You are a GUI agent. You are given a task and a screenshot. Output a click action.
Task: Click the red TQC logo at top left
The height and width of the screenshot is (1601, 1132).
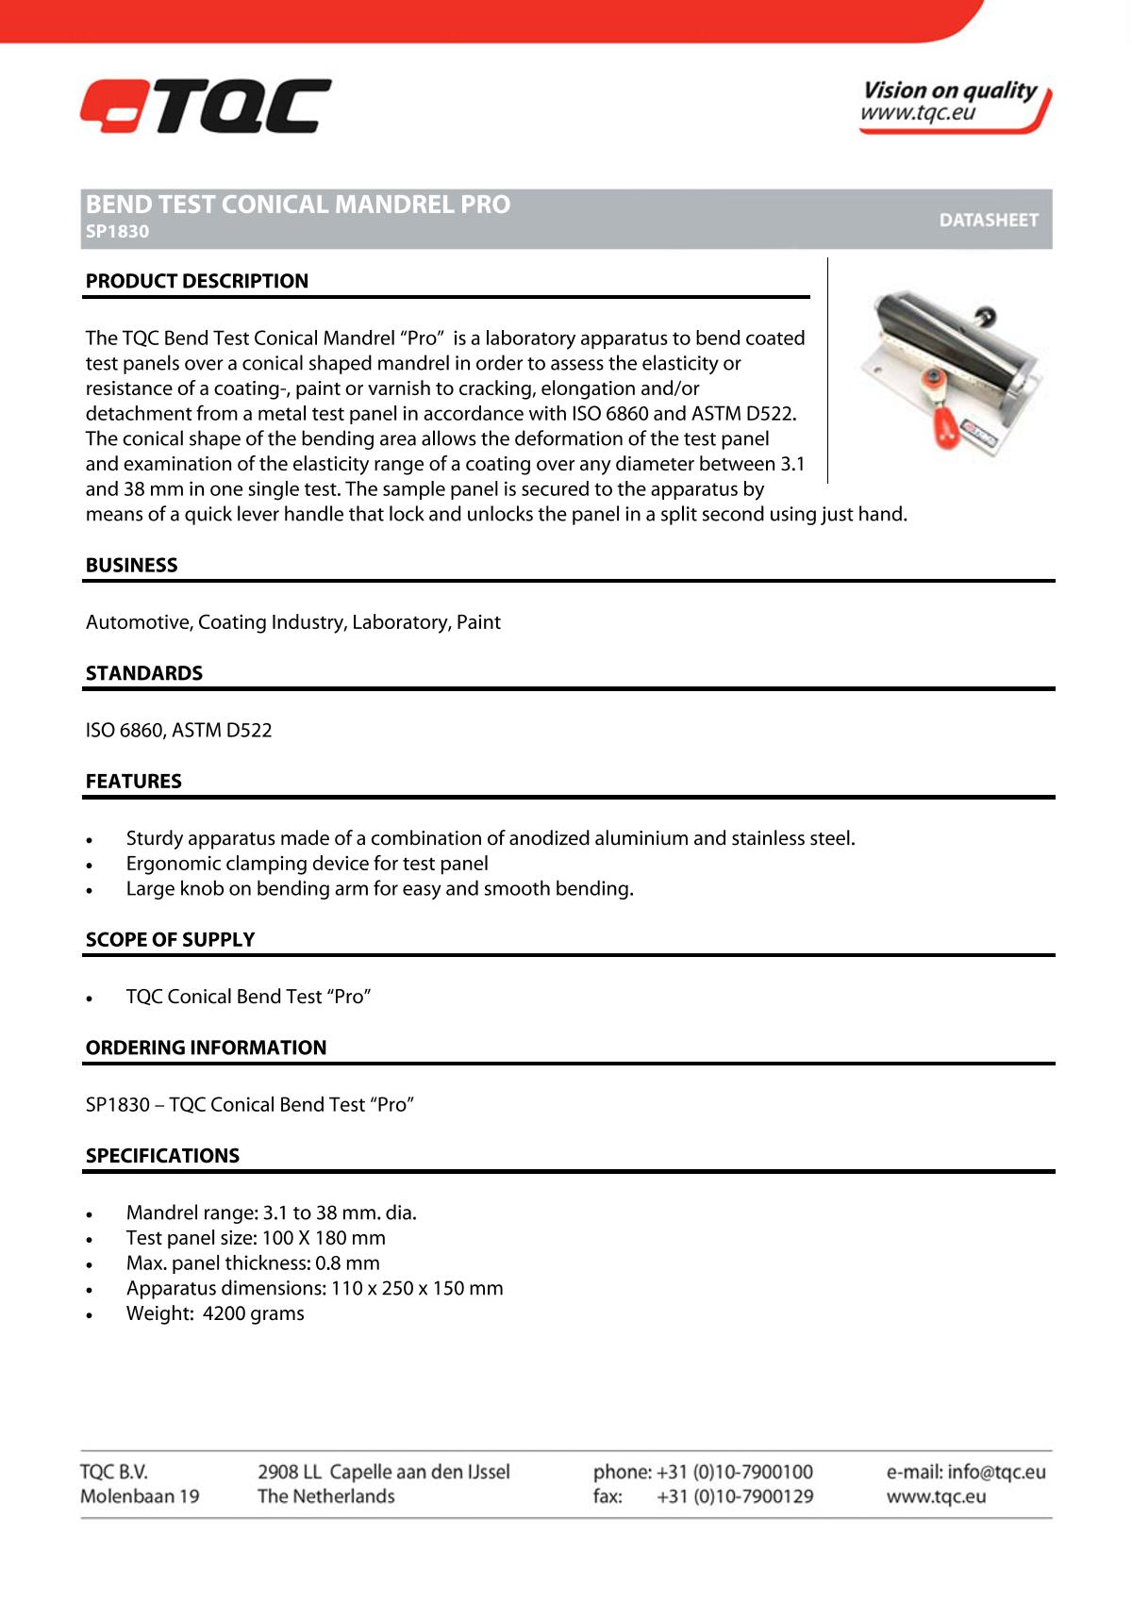click(x=206, y=106)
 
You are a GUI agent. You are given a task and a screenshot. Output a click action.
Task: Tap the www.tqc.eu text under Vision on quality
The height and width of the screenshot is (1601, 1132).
click(x=917, y=113)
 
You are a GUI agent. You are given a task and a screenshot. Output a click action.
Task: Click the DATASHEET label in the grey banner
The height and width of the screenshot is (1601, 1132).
click(x=988, y=220)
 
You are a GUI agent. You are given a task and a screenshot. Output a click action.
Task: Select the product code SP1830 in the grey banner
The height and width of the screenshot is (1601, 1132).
click(x=118, y=232)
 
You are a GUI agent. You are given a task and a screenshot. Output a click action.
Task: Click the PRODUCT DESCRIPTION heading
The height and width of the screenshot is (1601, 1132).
click(x=197, y=281)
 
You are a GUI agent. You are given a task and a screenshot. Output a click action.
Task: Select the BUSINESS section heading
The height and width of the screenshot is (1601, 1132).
click(x=132, y=566)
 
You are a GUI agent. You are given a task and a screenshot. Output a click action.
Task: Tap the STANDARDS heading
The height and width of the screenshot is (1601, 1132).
click(x=144, y=673)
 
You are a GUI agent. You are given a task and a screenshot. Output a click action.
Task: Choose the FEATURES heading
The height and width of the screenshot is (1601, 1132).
click(x=134, y=782)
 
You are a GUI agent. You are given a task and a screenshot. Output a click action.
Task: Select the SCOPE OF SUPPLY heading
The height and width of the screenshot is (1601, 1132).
click(x=171, y=940)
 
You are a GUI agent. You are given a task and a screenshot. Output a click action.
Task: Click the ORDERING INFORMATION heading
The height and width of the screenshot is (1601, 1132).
click(x=206, y=1048)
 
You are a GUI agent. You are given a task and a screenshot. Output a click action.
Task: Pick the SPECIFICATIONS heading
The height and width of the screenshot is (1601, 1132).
click(x=162, y=1156)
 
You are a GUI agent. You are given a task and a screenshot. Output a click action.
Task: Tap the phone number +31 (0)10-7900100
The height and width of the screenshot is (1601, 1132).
click(x=734, y=1472)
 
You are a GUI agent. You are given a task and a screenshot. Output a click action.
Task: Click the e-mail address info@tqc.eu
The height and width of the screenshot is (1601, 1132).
click(x=996, y=1472)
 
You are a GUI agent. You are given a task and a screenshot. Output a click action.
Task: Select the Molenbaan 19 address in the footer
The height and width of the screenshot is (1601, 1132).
click(x=140, y=1496)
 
